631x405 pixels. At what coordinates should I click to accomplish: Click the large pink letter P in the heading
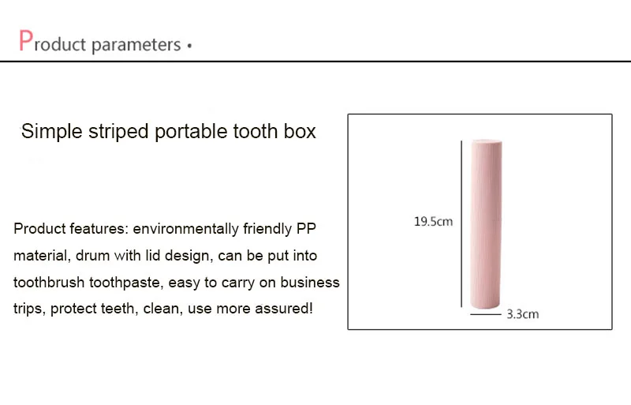(26, 40)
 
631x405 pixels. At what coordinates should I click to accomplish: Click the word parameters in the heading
(136, 45)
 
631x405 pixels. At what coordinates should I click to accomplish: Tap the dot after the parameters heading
(189, 46)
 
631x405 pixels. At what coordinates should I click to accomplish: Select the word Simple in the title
(51, 132)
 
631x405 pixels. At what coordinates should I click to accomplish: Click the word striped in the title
(118, 132)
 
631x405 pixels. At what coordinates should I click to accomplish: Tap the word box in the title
(300, 131)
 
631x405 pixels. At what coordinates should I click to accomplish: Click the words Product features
(71, 228)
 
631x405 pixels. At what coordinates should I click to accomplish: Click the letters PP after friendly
(306, 228)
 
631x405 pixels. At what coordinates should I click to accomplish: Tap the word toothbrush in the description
(49, 282)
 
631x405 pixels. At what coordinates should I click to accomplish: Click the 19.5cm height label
(433, 221)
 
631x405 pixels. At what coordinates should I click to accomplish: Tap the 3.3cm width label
(522, 314)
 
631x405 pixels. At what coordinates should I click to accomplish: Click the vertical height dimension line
(461, 224)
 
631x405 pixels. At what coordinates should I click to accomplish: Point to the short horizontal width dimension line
(485, 314)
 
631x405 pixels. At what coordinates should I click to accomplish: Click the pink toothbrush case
(486, 224)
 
